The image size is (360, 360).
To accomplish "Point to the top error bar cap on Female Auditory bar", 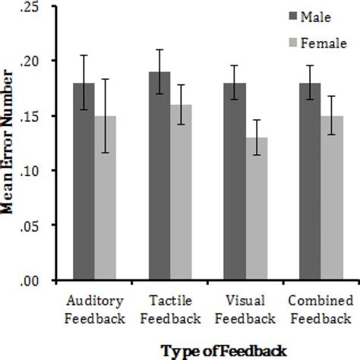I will coord(105,79).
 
